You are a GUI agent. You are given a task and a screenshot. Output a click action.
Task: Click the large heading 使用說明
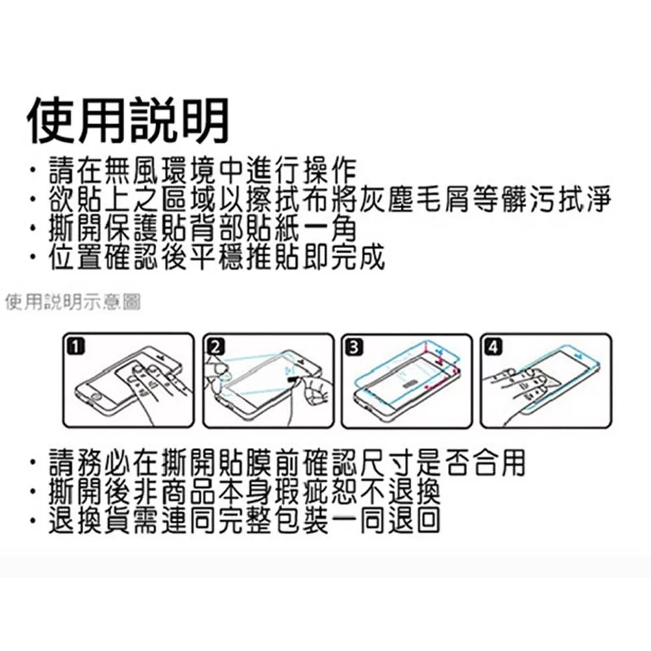tap(128, 121)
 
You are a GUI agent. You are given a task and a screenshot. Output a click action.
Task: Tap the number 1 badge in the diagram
tap(76, 347)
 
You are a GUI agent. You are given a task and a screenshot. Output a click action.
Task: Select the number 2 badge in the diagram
tap(215, 347)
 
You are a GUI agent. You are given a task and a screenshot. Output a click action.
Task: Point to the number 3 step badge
tap(355, 347)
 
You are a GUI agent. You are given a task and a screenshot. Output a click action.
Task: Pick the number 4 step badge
tap(493, 347)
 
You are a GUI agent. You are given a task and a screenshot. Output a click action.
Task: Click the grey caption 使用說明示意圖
tap(73, 302)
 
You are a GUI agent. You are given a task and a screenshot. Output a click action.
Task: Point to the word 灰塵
tap(387, 199)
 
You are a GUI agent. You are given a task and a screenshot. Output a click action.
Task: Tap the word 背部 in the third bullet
tap(217, 229)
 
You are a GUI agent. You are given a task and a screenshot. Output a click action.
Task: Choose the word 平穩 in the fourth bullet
tap(217, 257)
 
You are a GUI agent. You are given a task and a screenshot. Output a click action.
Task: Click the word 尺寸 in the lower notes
tap(387, 463)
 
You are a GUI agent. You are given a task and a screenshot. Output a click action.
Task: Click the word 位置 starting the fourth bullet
tap(76, 257)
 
